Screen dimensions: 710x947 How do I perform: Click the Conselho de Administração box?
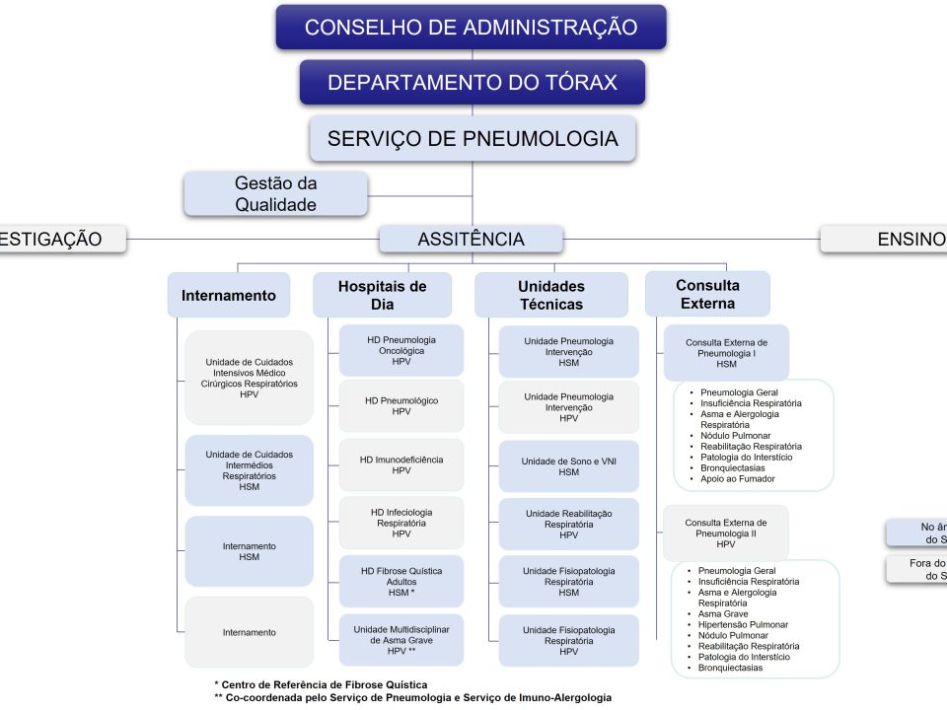coord(471,28)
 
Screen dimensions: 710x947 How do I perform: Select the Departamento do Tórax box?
coord(472,83)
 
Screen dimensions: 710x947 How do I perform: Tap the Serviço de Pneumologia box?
coord(472,139)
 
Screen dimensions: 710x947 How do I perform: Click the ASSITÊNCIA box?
coord(471,239)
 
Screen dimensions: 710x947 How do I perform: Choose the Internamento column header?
coord(229,295)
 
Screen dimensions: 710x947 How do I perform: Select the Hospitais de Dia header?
coord(382,295)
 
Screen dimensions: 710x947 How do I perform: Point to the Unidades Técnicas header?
coord(550,295)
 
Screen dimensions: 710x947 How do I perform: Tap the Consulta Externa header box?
coord(707,294)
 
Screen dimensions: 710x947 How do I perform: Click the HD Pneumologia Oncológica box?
coord(401,350)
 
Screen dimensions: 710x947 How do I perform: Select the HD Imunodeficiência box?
coord(401,464)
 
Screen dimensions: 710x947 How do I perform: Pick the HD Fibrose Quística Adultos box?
coord(401,581)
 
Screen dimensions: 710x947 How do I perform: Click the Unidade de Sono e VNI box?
coord(568,466)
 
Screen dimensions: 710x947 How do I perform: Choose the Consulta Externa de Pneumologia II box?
coord(726,532)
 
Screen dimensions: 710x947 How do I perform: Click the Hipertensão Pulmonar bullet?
coord(743,624)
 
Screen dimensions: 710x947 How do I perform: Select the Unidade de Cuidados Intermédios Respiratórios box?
coord(249,470)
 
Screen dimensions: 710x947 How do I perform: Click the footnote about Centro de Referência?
coord(321,684)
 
